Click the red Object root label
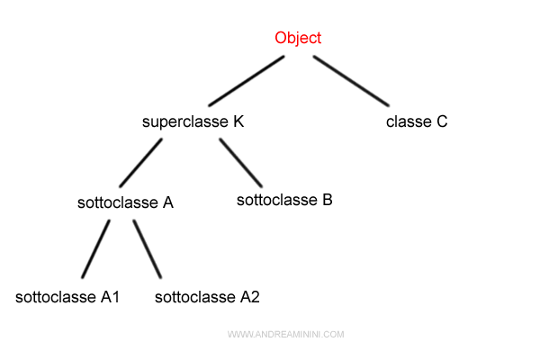pyautogui.click(x=298, y=38)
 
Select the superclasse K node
pyautogui.click(x=193, y=121)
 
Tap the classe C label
pyautogui.click(x=416, y=121)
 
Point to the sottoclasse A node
pyautogui.click(x=125, y=202)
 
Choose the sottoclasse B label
pyautogui.click(x=284, y=199)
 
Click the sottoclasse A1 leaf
pyautogui.click(x=67, y=296)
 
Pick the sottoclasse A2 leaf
pyautogui.click(x=208, y=296)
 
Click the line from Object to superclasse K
pyautogui.click(x=246, y=81)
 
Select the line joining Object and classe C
pyautogui.click(x=351, y=81)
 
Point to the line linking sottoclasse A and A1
pyautogui.click(x=94, y=248)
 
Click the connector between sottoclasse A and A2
pyautogui.click(x=148, y=248)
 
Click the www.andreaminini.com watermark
pyautogui.click(x=285, y=335)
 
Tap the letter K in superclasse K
pyautogui.click(x=238, y=121)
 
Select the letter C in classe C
pyautogui.click(x=441, y=121)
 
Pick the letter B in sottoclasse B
pyautogui.click(x=327, y=199)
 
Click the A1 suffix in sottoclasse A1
pyautogui.click(x=110, y=296)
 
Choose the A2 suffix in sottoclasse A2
pyautogui.click(x=250, y=296)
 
